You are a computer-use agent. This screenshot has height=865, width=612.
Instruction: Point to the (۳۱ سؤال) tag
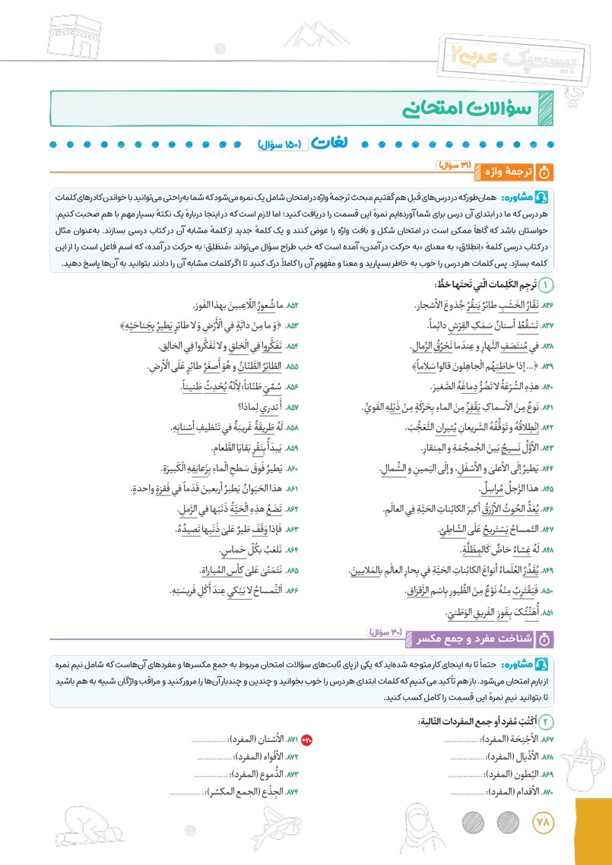click(455, 166)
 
